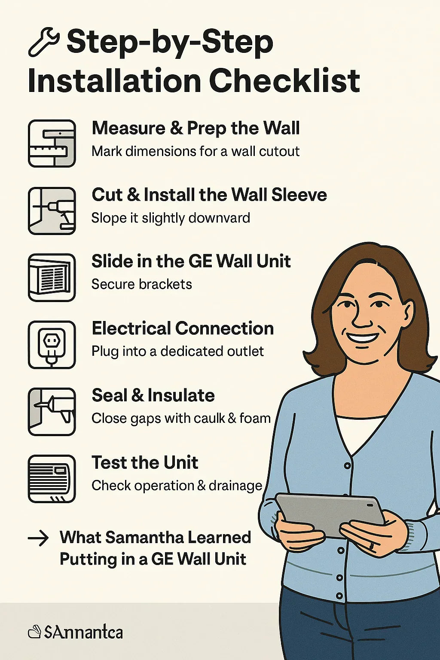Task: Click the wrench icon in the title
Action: pyautogui.click(x=43, y=42)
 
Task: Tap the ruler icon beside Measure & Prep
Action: pyautogui.click(x=52, y=144)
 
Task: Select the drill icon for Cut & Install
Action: pyautogui.click(x=52, y=211)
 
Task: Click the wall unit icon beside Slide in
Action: pyautogui.click(x=52, y=278)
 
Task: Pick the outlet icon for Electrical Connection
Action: pyautogui.click(x=52, y=345)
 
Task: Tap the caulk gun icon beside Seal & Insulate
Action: pyautogui.click(x=52, y=412)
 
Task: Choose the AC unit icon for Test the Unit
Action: pyautogui.click(x=52, y=479)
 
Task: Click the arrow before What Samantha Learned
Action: pyautogui.click(x=38, y=538)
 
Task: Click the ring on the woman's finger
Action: pyautogui.click(x=371, y=546)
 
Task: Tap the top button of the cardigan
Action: pyautogui.click(x=347, y=466)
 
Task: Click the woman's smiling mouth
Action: pyautogui.click(x=362, y=337)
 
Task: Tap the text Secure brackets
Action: pyautogui.click(x=142, y=284)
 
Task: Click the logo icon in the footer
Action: pyautogui.click(x=34, y=632)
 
